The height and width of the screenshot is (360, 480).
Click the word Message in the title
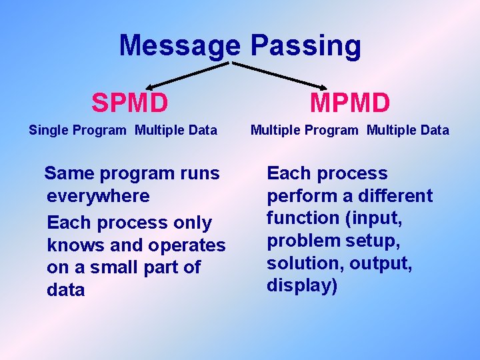(x=179, y=46)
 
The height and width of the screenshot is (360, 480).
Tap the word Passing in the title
(x=306, y=46)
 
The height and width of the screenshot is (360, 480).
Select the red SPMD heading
(x=130, y=103)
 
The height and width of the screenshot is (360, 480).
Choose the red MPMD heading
(x=350, y=103)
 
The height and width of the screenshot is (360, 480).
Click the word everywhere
(x=98, y=196)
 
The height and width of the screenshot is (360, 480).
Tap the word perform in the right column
(x=298, y=196)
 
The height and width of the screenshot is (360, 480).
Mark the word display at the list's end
(x=299, y=285)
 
